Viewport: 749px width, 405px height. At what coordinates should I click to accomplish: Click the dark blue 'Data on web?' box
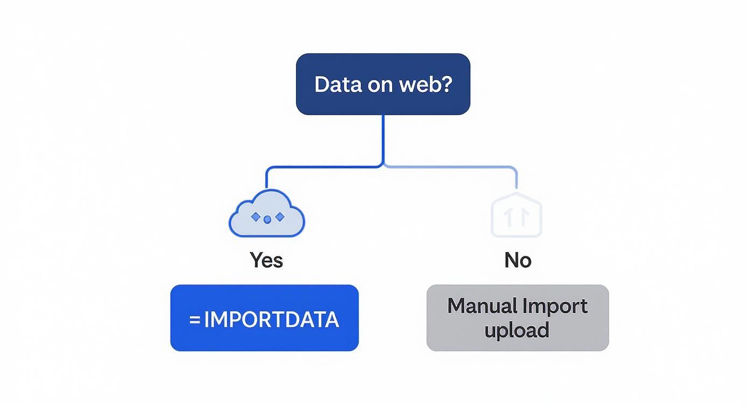click(x=383, y=84)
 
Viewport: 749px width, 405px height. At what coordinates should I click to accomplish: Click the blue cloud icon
click(x=267, y=215)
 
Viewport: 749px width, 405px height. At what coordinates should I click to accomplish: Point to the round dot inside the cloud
click(x=267, y=220)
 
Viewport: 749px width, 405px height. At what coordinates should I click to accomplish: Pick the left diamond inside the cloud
click(x=256, y=217)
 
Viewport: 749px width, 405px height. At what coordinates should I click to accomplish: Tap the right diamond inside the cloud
click(x=279, y=217)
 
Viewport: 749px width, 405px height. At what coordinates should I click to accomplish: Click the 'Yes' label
click(x=266, y=260)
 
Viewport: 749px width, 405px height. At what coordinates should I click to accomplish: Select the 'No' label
click(x=518, y=260)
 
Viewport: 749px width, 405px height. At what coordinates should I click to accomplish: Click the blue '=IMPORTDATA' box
click(x=264, y=318)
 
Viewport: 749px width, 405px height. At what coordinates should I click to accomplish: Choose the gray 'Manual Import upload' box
click(x=517, y=318)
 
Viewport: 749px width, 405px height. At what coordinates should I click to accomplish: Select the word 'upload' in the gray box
click(x=517, y=330)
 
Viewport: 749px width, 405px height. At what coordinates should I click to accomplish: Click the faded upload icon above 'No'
click(x=517, y=215)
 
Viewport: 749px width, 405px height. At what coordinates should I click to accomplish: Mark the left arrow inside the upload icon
click(x=508, y=218)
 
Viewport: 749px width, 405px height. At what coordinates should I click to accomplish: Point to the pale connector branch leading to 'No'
click(x=457, y=167)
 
